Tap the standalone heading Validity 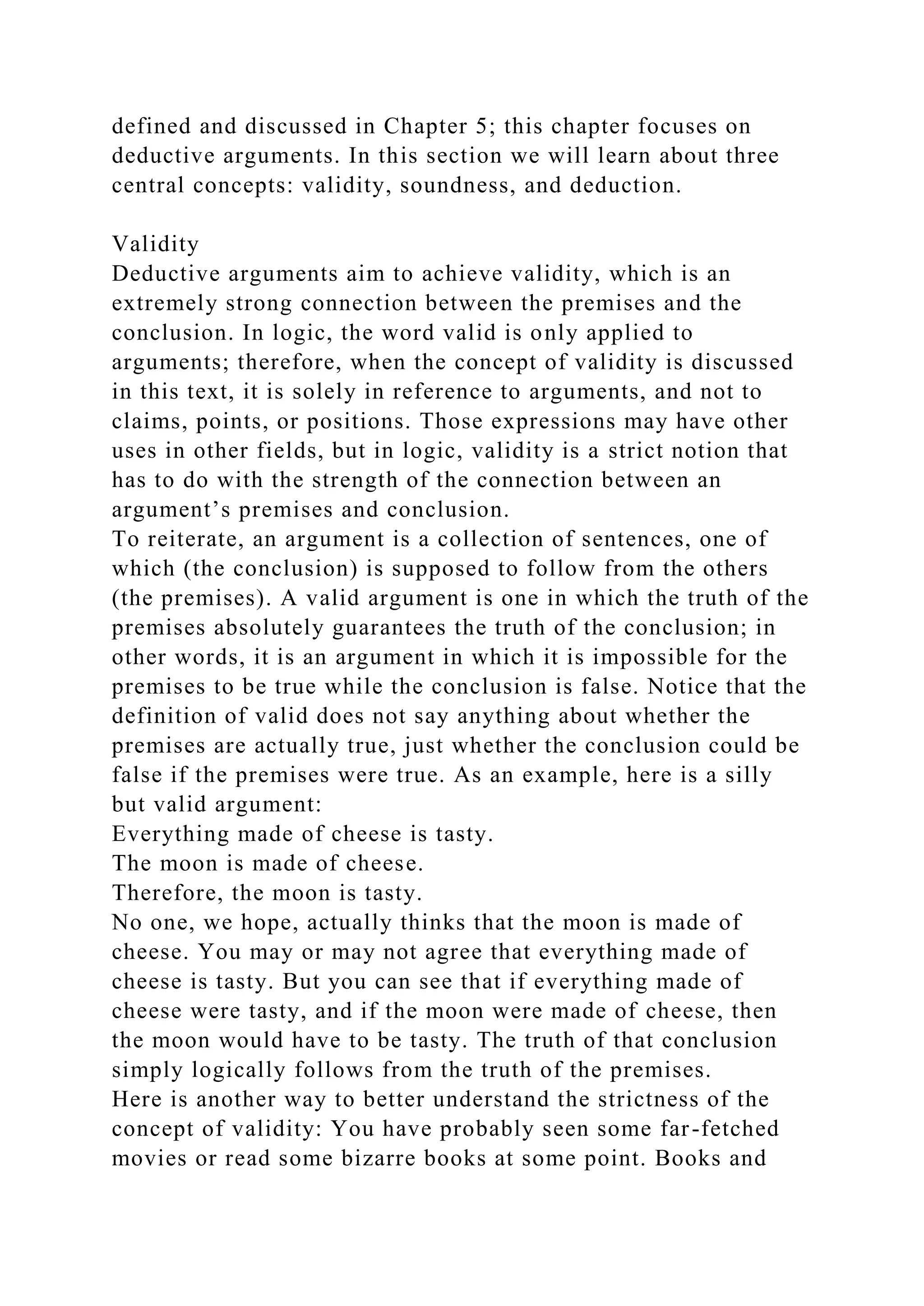155,244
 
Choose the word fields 290,451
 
